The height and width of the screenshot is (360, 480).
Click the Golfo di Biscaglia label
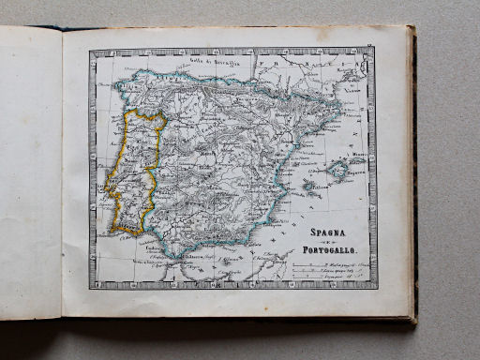point(212,63)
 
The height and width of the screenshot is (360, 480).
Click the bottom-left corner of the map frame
point(91,287)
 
